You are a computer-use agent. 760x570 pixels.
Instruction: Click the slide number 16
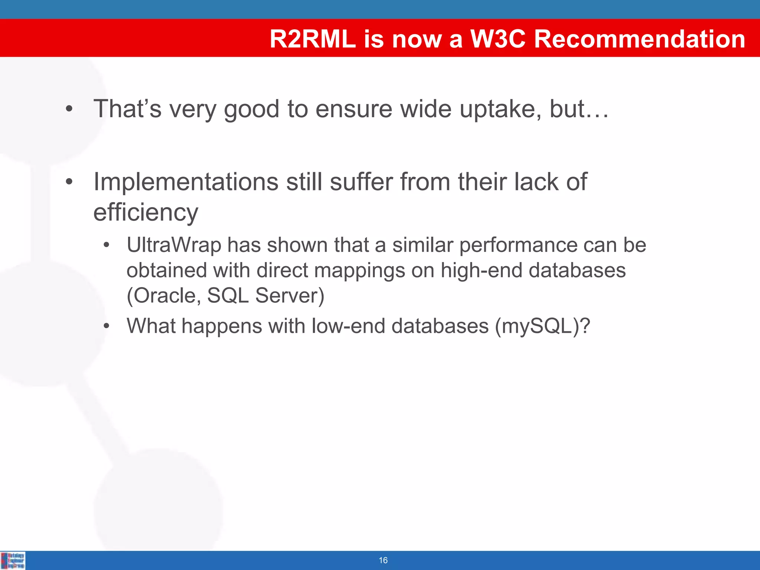pyautogui.click(x=383, y=560)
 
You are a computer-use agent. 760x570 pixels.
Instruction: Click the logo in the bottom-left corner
pyautogui.click(x=13, y=560)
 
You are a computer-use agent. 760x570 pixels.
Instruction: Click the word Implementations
pyautogui.click(x=186, y=182)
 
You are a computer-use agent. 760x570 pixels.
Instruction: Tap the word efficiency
pyautogui.click(x=145, y=212)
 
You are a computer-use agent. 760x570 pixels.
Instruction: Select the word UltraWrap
pyautogui.click(x=174, y=245)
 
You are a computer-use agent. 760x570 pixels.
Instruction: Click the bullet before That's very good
pyautogui.click(x=69, y=109)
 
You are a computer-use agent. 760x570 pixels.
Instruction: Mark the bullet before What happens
pyautogui.click(x=107, y=326)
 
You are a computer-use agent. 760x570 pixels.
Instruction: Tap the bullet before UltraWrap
pyautogui.click(x=107, y=245)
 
